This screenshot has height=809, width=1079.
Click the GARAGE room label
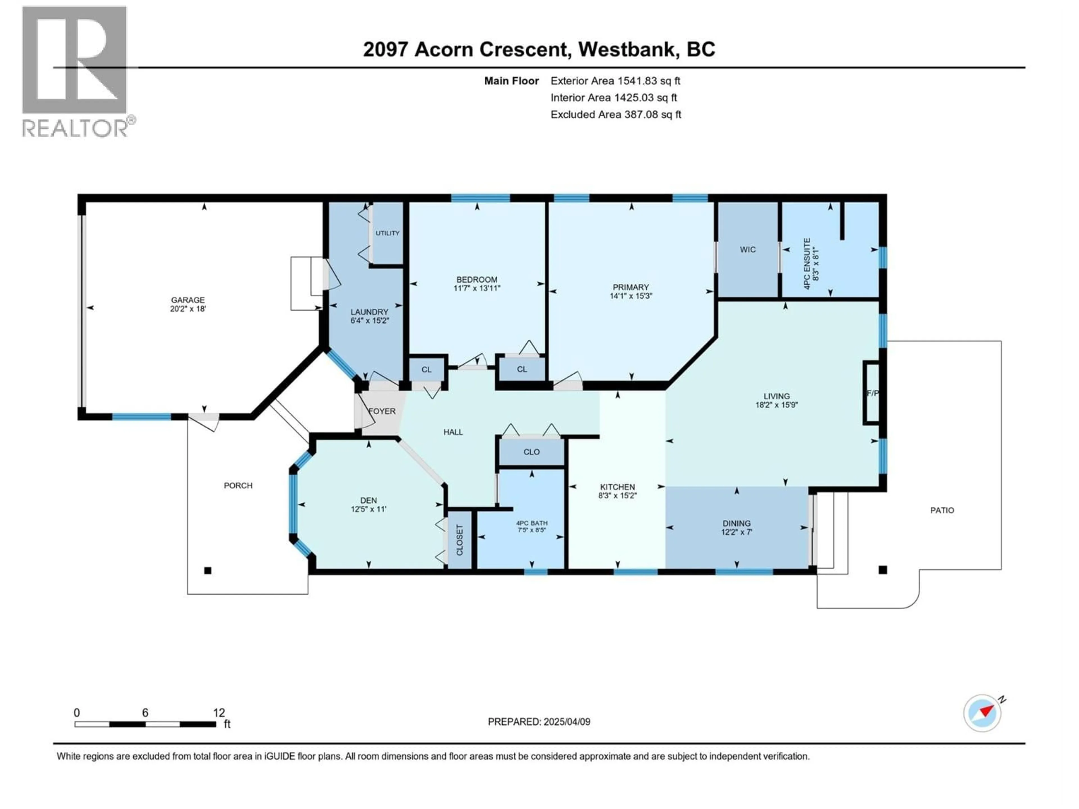point(188,300)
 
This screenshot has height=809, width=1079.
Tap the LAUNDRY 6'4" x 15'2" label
point(369,316)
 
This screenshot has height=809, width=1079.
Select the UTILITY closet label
point(387,233)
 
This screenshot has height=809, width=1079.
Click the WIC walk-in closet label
point(747,250)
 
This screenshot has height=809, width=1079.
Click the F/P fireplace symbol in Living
point(872,393)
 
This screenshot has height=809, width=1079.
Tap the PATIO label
point(942,510)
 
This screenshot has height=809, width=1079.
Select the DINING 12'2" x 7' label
point(736,528)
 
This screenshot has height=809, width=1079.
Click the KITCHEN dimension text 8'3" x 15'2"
point(618,496)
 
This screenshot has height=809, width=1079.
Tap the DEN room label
point(368,500)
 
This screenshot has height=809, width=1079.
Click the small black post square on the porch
point(208,570)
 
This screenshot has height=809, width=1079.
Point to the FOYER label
point(382,411)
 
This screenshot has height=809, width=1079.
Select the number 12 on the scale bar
point(219,712)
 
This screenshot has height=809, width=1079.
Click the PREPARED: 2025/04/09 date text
point(539,722)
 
